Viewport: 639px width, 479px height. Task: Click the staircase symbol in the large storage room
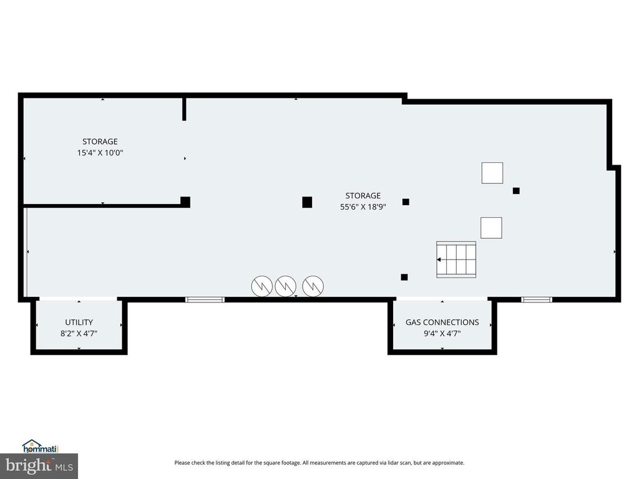click(456, 259)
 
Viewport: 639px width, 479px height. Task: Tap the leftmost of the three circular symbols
click(261, 286)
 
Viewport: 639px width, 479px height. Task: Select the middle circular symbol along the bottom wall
click(285, 286)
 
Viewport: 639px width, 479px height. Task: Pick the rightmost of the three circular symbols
click(313, 286)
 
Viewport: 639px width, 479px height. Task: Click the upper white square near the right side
click(492, 173)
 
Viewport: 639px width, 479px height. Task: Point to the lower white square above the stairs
click(491, 228)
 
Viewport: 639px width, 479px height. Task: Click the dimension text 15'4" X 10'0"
click(100, 153)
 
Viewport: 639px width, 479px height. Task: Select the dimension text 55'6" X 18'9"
click(363, 207)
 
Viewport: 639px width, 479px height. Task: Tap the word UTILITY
click(79, 322)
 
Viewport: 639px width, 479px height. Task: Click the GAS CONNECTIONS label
click(442, 322)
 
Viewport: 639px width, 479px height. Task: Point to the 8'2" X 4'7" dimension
click(79, 333)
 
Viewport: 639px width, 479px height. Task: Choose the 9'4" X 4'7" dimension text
click(442, 333)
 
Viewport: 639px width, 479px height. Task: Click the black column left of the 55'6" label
click(307, 201)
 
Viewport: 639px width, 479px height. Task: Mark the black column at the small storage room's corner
click(185, 201)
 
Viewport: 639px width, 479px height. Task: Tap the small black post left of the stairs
click(404, 277)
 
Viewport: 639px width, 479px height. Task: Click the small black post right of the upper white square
click(516, 191)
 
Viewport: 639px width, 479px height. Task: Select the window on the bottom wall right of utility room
click(205, 300)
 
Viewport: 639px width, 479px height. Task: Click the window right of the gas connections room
click(537, 300)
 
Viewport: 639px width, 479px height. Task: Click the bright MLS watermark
click(39, 465)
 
